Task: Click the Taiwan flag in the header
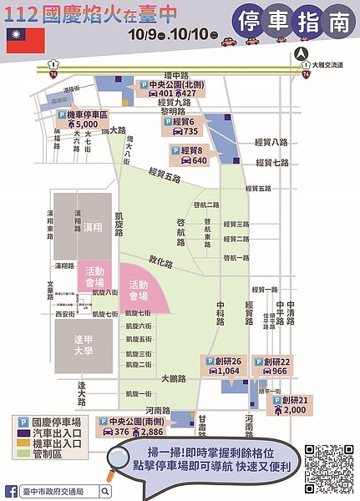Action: [21, 39]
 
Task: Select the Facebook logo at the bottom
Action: [12, 491]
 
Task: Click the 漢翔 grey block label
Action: [93, 227]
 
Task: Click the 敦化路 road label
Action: [160, 261]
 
